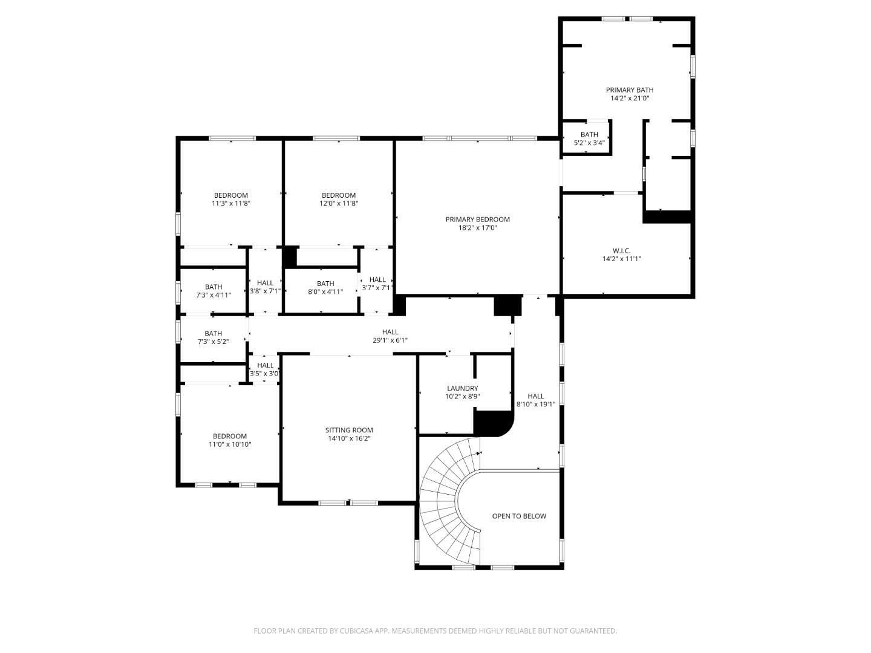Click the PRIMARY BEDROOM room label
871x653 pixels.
477,219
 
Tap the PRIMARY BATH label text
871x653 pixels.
630,90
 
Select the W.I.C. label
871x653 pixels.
621,250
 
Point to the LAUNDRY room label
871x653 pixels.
462,389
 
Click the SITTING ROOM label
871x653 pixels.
349,430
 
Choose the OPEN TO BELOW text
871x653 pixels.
519,516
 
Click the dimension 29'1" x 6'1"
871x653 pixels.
390,340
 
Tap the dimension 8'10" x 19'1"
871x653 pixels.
535,404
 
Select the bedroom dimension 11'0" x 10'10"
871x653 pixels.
230,444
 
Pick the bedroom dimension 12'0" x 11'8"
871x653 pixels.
339,204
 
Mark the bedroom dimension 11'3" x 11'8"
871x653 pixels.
230,204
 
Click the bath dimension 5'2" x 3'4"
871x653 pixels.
589,143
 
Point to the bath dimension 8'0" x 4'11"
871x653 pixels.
325,291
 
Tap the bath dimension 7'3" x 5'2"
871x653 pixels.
213,342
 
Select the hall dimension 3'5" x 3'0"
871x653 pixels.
265,374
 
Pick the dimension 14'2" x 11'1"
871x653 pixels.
621,259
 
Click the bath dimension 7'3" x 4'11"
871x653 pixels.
213,295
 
